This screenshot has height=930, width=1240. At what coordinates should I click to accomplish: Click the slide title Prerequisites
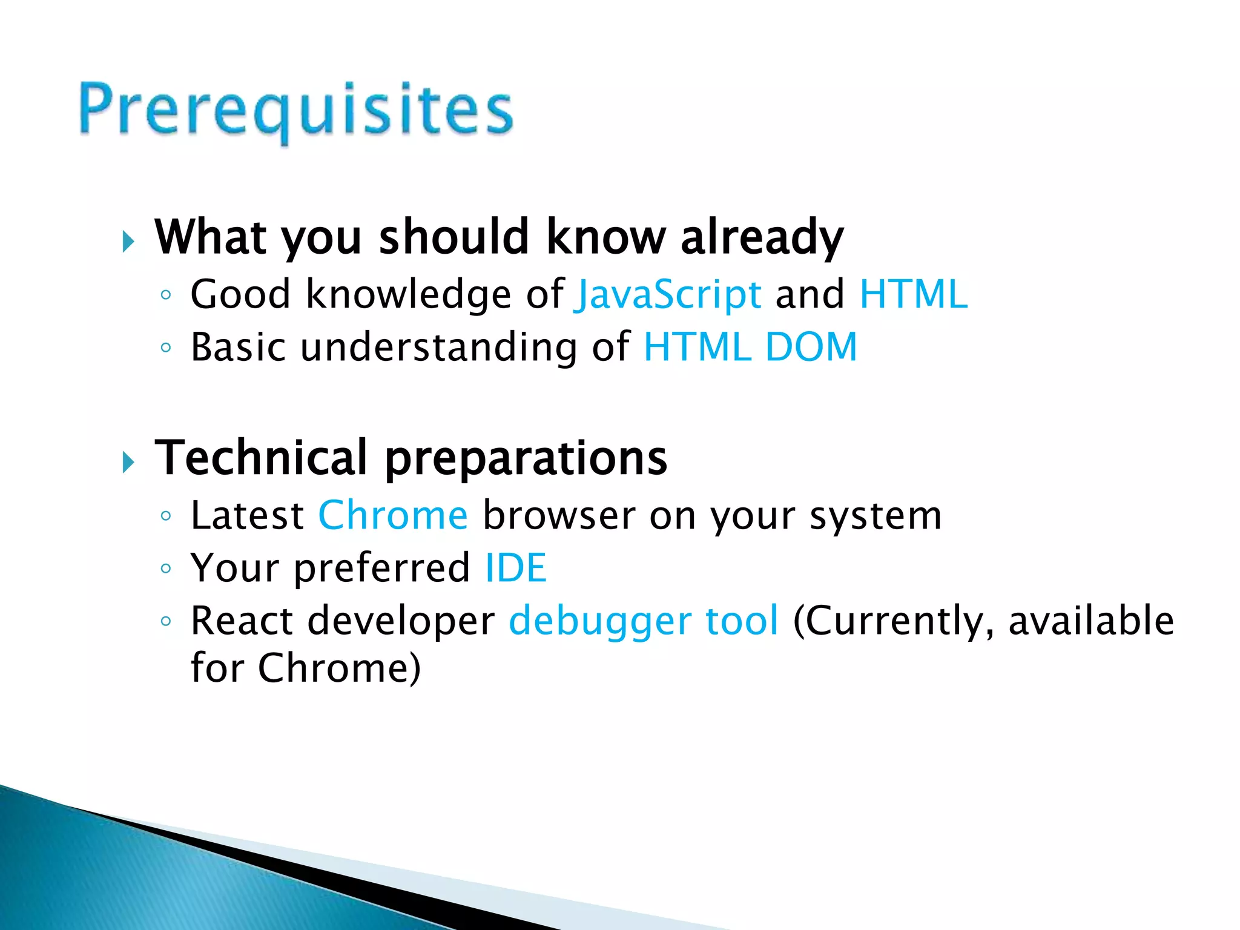[296, 111]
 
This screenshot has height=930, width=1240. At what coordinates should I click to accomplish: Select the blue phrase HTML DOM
[750, 347]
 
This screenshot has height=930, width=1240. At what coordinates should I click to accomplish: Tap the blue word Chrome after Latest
[393, 516]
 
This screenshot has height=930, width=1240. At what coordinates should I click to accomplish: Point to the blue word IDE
[516, 568]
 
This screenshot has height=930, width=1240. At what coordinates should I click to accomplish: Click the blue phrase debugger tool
[644, 621]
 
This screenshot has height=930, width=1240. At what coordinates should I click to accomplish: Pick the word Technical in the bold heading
[261, 457]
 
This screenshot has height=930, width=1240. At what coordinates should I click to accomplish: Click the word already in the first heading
[762, 237]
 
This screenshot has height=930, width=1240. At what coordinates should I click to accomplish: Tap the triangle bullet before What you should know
[128, 242]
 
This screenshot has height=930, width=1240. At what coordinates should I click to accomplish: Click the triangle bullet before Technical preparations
[128, 463]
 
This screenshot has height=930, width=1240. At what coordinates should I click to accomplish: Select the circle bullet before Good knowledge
[166, 295]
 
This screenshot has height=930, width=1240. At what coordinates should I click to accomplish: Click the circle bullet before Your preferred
[166, 569]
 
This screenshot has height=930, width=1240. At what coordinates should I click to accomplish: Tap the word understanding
[438, 348]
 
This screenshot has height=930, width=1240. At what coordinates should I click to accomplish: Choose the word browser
[559, 516]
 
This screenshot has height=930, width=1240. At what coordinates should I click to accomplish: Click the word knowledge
[409, 294]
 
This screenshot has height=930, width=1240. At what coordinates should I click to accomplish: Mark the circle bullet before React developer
[166, 621]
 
